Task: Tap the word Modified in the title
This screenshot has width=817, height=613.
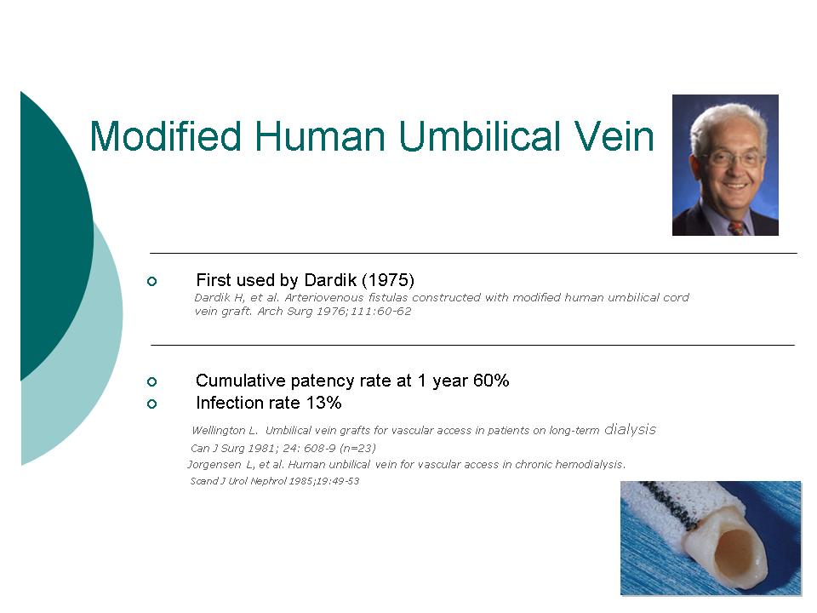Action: [166, 136]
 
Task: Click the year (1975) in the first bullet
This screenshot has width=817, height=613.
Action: [388, 280]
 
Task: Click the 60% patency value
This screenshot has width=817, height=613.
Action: [491, 381]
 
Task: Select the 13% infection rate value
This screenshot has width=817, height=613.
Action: [323, 403]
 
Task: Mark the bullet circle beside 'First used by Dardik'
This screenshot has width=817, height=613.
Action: [151, 282]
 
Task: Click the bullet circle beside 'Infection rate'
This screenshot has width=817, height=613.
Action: [151, 404]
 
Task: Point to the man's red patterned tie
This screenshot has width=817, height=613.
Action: [736, 228]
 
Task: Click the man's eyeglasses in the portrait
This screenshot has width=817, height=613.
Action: [732, 158]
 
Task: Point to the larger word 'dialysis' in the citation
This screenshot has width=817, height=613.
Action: [630, 429]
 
